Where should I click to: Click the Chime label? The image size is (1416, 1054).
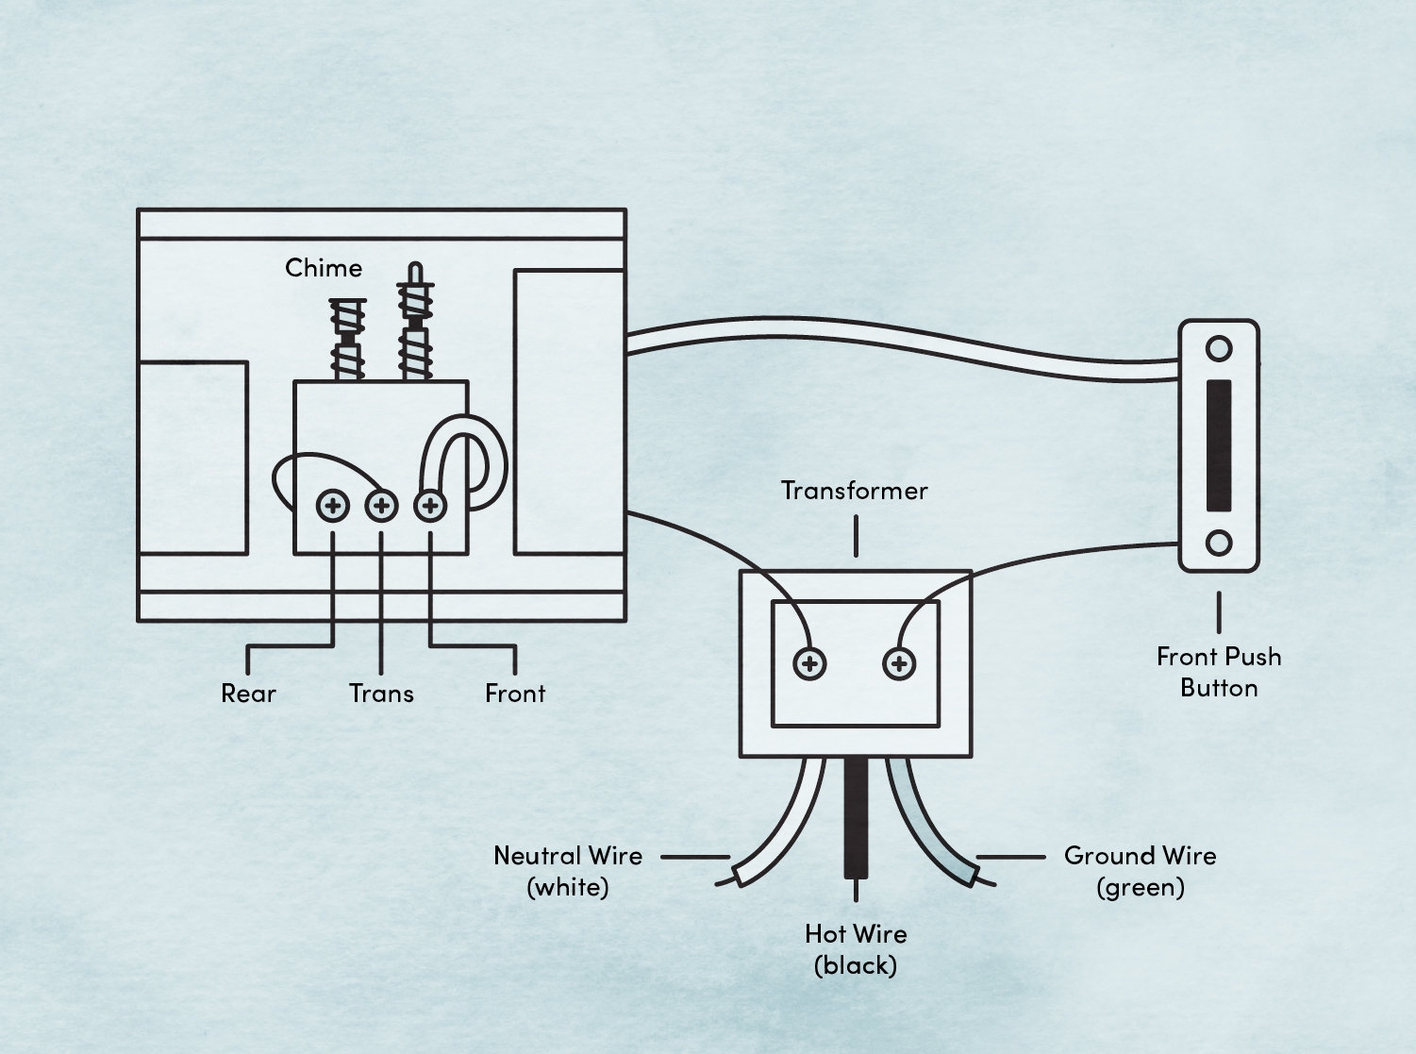(x=324, y=268)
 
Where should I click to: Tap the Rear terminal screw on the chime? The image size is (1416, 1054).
(x=332, y=506)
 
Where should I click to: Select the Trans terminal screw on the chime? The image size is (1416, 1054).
(x=381, y=506)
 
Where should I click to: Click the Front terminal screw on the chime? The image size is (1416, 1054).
(x=430, y=506)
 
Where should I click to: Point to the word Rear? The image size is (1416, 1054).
(x=248, y=694)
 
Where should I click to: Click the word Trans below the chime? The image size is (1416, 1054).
(x=381, y=694)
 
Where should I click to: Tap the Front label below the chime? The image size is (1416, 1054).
(x=515, y=694)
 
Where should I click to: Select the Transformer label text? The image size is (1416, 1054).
(x=855, y=491)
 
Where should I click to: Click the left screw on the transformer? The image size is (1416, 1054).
(x=809, y=664)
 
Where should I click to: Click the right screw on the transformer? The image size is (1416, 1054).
(x=899, y=664)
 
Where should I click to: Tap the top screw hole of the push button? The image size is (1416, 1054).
(x=1219, y=349)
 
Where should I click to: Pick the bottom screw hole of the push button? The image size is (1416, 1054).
(x=1219, y=544)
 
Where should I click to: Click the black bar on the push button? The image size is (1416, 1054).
(x=1219, y=445)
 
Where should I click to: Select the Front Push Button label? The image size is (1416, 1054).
(x=1219, y=672)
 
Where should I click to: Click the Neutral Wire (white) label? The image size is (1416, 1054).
(x=568, y=871)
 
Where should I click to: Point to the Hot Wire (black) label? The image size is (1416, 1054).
(x=856, y=949)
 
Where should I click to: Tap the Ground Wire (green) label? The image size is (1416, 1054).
(x=1140, y=871)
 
